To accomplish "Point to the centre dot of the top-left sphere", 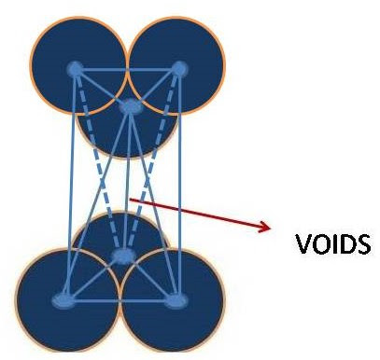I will click(x=74, y=68).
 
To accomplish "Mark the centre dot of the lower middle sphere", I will click(x=122, y=256).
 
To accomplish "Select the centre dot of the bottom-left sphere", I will click(x=63, y=300).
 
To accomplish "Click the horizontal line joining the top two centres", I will click(x=126, y=68).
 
